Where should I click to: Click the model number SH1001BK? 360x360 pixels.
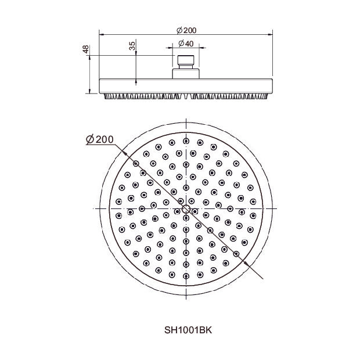coord(188,330)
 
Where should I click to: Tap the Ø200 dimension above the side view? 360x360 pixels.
coord(186,30)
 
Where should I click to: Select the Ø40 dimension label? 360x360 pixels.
coord(186,44)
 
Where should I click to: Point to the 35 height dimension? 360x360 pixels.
coord(132,46)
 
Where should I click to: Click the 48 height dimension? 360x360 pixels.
coord(85,49)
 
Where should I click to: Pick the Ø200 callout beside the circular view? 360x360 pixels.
coord(100,139)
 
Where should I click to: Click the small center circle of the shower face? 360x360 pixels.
coord(186,209)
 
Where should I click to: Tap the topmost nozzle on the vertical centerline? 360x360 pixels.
coord(186,141)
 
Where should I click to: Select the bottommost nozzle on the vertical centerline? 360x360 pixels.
coord(186,276)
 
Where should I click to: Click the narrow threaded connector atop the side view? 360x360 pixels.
coord(186,62)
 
